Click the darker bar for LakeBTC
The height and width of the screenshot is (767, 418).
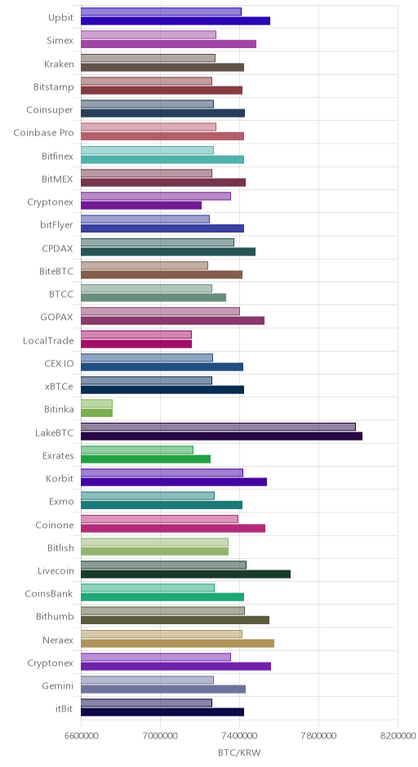[x=222, y=437]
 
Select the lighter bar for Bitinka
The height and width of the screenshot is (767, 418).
[x=96, y=404]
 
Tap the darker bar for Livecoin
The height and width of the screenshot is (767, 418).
[x=185, y=574]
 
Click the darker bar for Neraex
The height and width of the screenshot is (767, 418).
[x=177, y=643]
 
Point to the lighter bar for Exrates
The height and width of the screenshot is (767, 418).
[x=137, y=450]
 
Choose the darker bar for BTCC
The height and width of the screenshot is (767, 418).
[x=153, y=297]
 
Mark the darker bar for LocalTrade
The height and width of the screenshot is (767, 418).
[x=136, y=344]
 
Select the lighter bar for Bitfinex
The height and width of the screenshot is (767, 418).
[x=147, y=150]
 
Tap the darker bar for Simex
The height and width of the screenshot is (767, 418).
[x=168, y=44]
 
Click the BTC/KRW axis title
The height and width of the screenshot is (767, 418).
[x=239, y=752]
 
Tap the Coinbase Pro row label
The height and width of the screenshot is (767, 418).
[x=43, y=132]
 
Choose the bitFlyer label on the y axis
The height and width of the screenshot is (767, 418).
[x=56, y=225]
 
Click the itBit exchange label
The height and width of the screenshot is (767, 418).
[x=64, y=709]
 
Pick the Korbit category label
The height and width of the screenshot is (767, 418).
[x=60, y=478]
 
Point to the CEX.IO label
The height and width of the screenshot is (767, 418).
[x=59, y=363]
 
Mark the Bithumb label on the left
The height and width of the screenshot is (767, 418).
[x=55, y=616]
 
